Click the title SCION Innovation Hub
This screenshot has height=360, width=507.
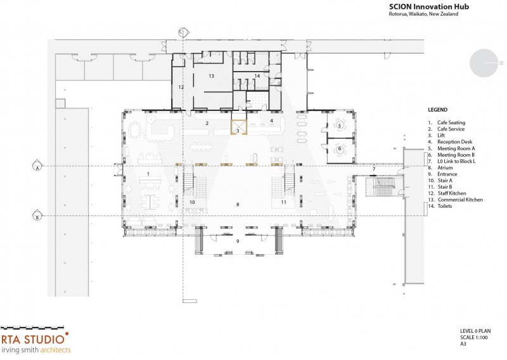(429, 6)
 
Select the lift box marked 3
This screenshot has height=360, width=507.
(239, 127)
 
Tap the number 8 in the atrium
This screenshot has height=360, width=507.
(238, 205)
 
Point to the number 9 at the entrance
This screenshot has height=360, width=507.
(238, 241)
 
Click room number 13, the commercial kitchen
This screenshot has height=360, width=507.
(211, 76)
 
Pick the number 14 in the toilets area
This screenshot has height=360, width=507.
(257, 76)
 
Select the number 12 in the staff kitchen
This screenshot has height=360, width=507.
(181, 87)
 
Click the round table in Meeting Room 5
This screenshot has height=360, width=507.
(340, 125)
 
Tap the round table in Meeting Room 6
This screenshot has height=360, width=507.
(340, 149)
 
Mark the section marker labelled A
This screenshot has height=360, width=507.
(37, 165)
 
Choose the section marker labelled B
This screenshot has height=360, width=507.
(37, 215)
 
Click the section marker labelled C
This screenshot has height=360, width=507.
(183, 32)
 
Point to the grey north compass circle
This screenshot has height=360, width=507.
(484, 63)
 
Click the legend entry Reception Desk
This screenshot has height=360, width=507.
(454, 142)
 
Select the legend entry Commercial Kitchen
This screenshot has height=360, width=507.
(460, 200)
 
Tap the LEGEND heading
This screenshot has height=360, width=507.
(438, 110)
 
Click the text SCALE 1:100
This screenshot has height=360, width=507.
(474, 337)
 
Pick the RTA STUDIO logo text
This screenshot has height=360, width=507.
(33, 339)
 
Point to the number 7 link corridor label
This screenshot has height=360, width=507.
(374, 169)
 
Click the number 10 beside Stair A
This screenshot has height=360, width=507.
(192, 202)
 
